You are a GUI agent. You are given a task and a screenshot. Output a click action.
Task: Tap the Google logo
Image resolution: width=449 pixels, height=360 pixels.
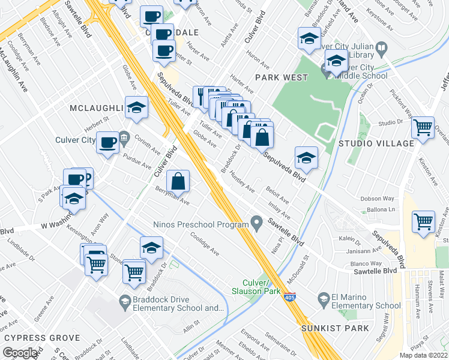20,353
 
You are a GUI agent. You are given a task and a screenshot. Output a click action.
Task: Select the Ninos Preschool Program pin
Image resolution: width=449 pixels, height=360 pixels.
257,224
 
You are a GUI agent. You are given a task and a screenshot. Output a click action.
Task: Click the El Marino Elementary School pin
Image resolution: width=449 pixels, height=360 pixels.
323,299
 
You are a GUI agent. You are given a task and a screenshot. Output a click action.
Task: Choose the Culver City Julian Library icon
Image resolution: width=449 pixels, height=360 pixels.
381,48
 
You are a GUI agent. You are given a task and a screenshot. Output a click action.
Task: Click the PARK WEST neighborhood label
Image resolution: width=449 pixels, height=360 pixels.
282,77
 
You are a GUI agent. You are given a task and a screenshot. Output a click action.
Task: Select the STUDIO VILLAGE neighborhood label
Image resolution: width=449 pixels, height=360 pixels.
376,143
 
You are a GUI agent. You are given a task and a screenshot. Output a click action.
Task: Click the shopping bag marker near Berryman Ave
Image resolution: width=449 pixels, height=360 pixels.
178,181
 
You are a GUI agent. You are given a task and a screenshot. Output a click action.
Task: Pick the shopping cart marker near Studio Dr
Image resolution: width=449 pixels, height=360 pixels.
424,127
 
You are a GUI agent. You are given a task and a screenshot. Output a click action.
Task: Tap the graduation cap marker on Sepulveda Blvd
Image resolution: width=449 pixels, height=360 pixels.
307,158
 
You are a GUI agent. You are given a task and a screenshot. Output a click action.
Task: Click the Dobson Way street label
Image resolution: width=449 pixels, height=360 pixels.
377,199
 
